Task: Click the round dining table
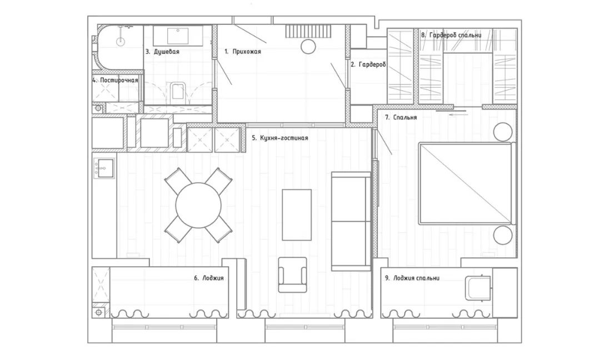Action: (198, 206)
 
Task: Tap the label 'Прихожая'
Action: (247, 51)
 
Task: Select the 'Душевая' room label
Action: (167, 51)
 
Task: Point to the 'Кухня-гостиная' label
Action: (284, 138)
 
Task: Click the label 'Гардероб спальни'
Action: (456, 35)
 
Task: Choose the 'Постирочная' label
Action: (119, 81)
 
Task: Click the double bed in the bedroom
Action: (466, 183)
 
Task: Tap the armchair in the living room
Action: (292, 274)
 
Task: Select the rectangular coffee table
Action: (297, 214)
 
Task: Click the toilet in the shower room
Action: (178, 91)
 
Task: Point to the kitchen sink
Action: (104, 168)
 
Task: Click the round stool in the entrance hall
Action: (308, 46)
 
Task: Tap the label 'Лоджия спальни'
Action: (416, 278)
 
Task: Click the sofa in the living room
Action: (351, 221)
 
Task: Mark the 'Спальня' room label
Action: (405, 117)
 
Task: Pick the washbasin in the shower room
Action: (178, 35)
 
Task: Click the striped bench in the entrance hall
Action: (307, 31)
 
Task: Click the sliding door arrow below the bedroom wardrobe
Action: (458, 114)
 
